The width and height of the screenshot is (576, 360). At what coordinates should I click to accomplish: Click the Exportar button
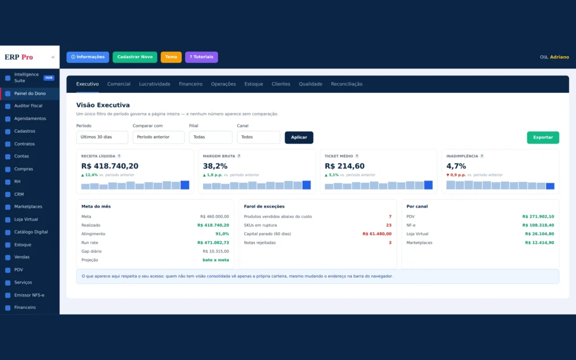[543, 137]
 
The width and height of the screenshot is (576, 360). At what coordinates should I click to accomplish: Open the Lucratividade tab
[154, 84]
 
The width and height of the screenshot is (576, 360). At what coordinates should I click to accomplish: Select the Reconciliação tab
[346, 84]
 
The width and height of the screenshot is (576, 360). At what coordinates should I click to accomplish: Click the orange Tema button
[171, 57]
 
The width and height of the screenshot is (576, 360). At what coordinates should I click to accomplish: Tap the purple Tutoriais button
[201, 57]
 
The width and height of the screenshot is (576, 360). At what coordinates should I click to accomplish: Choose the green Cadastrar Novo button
[135, 57]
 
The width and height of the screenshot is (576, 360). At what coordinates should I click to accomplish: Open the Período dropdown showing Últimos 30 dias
[102, 137]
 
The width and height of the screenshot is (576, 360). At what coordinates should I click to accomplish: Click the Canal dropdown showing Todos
[258, 137]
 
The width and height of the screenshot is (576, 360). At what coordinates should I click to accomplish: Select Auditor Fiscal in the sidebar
[28, 106]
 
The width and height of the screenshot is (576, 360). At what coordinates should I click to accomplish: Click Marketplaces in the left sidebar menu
[28, 207]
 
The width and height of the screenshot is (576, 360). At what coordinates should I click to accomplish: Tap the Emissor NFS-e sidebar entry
[29, 295]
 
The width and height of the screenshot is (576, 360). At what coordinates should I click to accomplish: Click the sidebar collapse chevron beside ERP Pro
[53, 57]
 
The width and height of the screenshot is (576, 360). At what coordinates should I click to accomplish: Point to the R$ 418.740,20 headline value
[110, 166]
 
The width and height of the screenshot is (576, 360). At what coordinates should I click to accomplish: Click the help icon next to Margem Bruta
[238, 156]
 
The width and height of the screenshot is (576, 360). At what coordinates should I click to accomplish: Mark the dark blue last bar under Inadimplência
[550, 186]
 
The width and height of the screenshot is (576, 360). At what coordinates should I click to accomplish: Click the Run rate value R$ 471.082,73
[213, 242]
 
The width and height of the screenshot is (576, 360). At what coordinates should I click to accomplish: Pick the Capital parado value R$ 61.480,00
[377, 233]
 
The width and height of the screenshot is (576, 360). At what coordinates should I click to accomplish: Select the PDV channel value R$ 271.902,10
[538, 217]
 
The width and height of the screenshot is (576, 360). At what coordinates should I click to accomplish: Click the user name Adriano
[559, 57]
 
